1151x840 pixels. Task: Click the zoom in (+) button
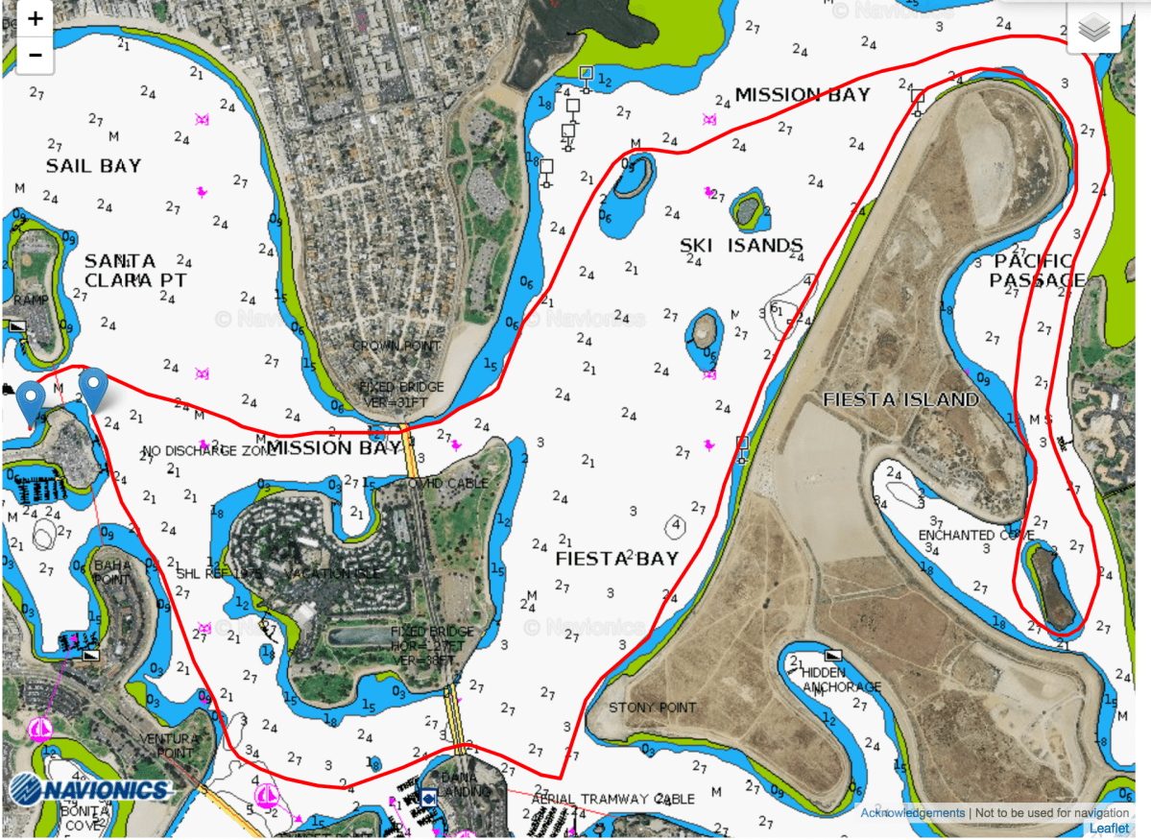pos(36,19)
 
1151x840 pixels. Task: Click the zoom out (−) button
pos(36,55)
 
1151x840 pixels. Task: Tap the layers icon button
pos(1093,29)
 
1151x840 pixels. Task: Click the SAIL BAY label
pos(93,166)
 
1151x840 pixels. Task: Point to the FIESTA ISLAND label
pos(900,399)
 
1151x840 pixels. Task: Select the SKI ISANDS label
pos(741,247)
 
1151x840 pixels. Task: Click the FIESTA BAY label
pos(617,559)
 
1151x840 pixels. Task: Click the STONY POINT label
pos(653,708)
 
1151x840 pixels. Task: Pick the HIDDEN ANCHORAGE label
pos(841,680)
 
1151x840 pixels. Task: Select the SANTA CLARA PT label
pos(134,271)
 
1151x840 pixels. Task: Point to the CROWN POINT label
pos(396,346)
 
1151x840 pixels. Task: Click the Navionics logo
pos(91,789)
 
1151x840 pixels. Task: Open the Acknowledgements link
pos(912,813)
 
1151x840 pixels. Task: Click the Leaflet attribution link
pos(1109,828)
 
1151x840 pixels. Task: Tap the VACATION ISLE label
pos(332,573)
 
